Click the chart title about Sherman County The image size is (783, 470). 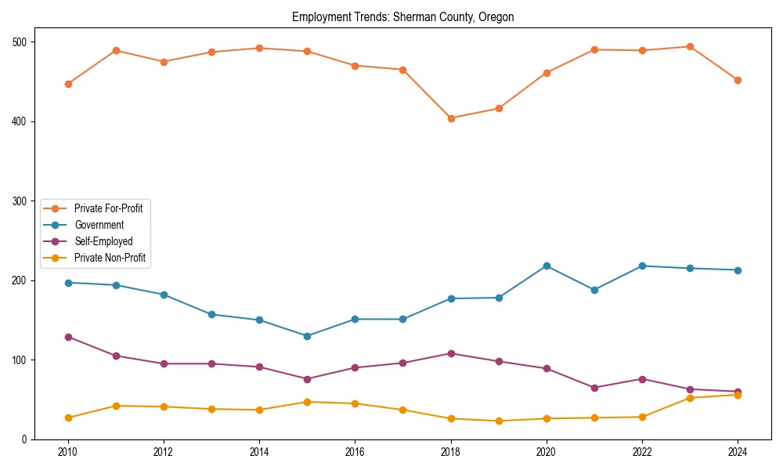pyautogui.click(x=402, y=17)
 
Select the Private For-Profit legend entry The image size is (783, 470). pyautogui.click(x=107, y=208)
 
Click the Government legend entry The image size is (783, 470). pyautogui.click(x=99, y=225)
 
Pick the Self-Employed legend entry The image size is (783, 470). pyautogui.click(x=103, y=241)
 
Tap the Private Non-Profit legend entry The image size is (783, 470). pyautogui.click(x=110, y=258)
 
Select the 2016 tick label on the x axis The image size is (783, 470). pyautogui.click(x=355, y=452)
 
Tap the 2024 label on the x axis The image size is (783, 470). pyautogui.click(x=738, y=452)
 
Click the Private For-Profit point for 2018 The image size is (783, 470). pyautogui.click(x=451, y=118)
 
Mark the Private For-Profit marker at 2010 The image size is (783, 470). pyautogui.click(x=68, y=84)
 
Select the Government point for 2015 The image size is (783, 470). pyautogui.click(x=307, y=336)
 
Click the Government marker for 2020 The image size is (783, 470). pyautogui.click(x=547, y=266)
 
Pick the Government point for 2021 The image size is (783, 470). pyautogui.click(x=594, y=290)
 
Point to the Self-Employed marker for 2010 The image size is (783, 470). pyautogui.click(x=68, y=337)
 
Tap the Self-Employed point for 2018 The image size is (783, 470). pyautogui.click(x=451, y=353)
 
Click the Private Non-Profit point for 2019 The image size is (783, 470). pyautogui.click(x=499, y=421)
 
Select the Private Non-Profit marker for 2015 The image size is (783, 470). pyautogui.click(x=307, y=402)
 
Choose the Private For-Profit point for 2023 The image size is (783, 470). pyautogui.click(x=690, y=47)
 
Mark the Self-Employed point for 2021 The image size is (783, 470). pyautogui.click(x=594, y=388)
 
